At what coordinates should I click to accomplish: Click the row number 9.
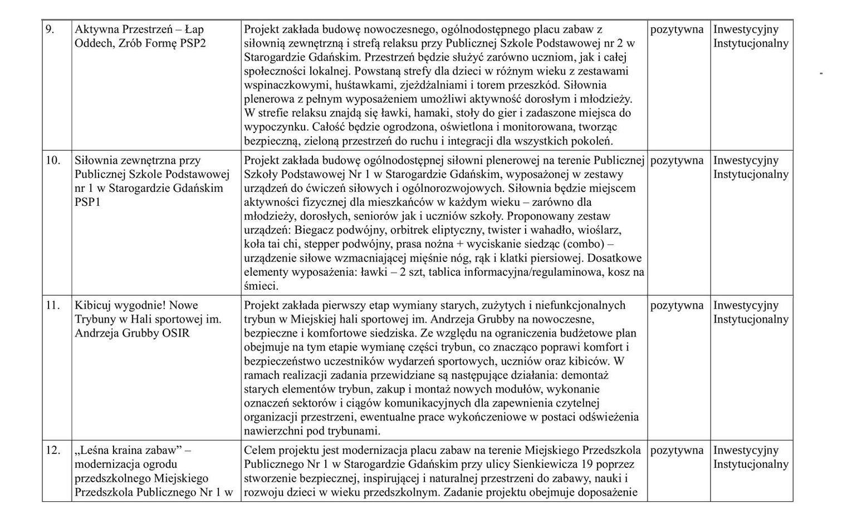[50, 29]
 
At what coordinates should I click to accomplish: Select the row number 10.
[52, 160]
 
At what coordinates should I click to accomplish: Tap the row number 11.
[52, 305]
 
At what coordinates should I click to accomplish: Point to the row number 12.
[52, 451]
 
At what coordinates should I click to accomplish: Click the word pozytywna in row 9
[677, 29]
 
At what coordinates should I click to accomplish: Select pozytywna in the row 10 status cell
[677, 160]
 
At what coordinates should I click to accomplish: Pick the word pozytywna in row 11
[677, 305]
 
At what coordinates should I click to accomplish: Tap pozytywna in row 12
[677, 451]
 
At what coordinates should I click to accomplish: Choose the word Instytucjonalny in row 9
[751, 43]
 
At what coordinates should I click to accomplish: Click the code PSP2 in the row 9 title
[193, 43]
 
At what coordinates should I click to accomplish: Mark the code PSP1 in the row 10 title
[86, 202]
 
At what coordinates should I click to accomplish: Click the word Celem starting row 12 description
[260, 450]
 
